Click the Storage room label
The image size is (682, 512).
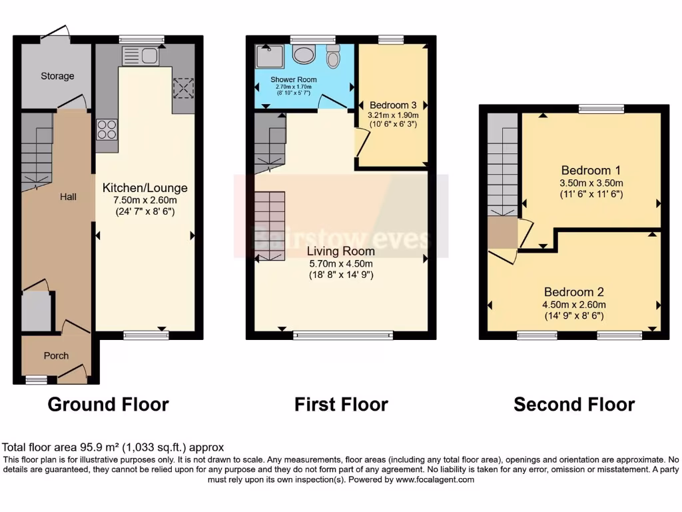coord(57,76)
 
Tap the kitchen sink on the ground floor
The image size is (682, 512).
coord(139,56)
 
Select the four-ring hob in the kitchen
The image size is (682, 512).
coord(106,128)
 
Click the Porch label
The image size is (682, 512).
coord(56,355)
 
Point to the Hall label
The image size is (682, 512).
coord(68,197)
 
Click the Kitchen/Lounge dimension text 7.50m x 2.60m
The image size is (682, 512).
coord(145,201)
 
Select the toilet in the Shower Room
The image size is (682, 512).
coord(333,57)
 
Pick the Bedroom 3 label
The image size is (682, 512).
coord(393,105)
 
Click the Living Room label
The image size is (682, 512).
coord(340,251)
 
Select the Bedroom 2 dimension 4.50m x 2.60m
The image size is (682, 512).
coord(574,305)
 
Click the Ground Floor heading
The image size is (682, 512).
coord(108,404)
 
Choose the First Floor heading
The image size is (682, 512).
coord(341,404)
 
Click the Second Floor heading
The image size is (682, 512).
coord(573,404)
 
